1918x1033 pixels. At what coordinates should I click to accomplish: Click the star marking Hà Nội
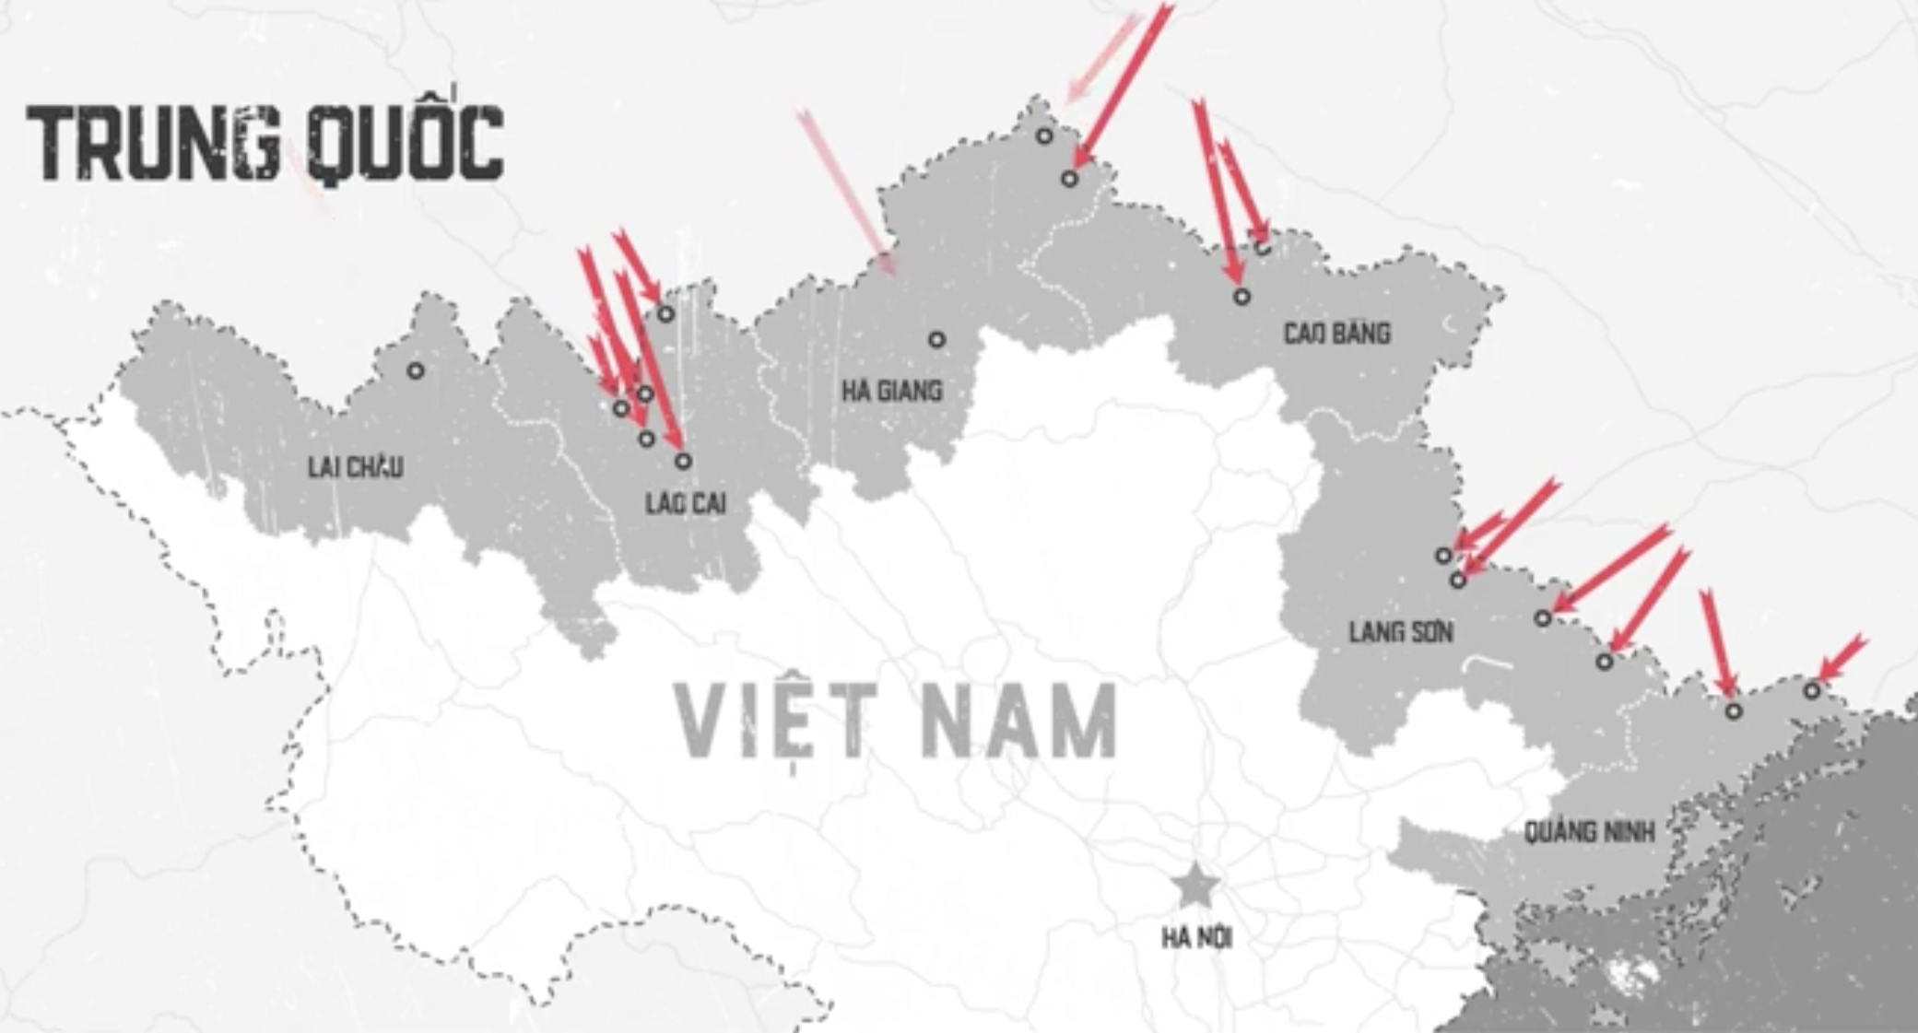pyautogui.click(x=1195, y=885)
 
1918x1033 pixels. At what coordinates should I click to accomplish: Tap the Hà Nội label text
pyautogui.click(x=1196, y=938)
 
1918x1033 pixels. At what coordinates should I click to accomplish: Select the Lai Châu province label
pyautogui.click(x=355, y=467)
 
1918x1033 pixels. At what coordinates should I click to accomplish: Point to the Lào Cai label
pyautogui.click(x=685, y=503)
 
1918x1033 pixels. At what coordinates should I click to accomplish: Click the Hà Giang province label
pyautogui.click(x=891, y=392)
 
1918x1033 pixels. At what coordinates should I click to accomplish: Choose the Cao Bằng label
pyautogui.click(x=1336, y=334)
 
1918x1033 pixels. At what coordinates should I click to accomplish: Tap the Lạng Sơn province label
pyautogui.click(x=1401, y=632)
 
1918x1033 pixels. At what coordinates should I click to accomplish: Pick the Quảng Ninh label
pyautogui.click(x=1589, y=832)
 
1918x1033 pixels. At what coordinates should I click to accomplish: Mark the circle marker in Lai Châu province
pyautogui.click(x=416, y=370)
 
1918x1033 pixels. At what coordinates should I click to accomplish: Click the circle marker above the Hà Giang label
pyautogui.click(x=936, y=339)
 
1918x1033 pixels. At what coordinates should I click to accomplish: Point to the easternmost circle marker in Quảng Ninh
pyautogui.click(x=1812, y=689)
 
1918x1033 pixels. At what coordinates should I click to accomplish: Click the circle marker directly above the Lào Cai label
pyautogui.click(x=683, y=461)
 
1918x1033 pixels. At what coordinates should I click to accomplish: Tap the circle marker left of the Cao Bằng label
pyautogui.click(x=1241, y=297)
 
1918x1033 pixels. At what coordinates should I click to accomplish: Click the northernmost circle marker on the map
pyautogui.click(x=1043, y=136)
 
